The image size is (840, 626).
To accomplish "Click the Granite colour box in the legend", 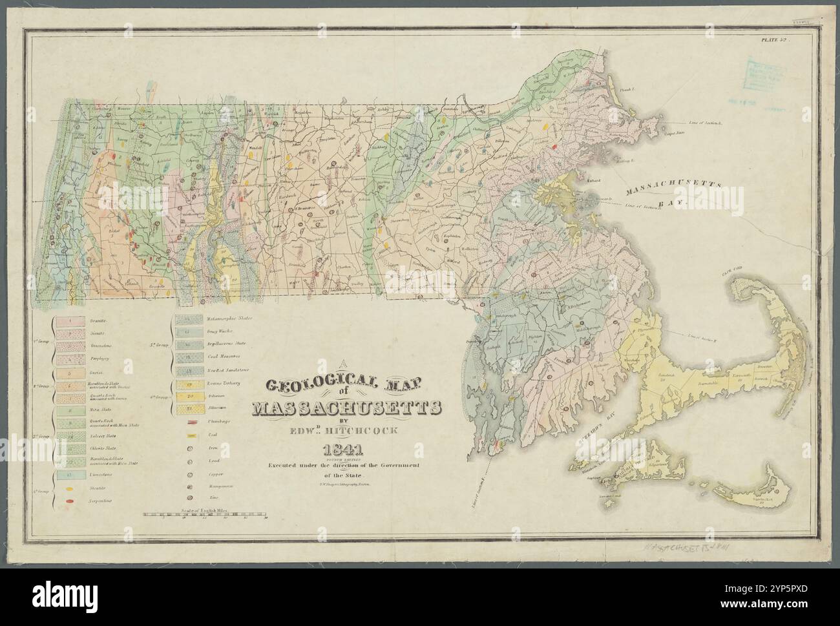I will (x=68, y=319).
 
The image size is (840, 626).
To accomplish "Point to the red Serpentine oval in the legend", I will (x=68, y=502).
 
